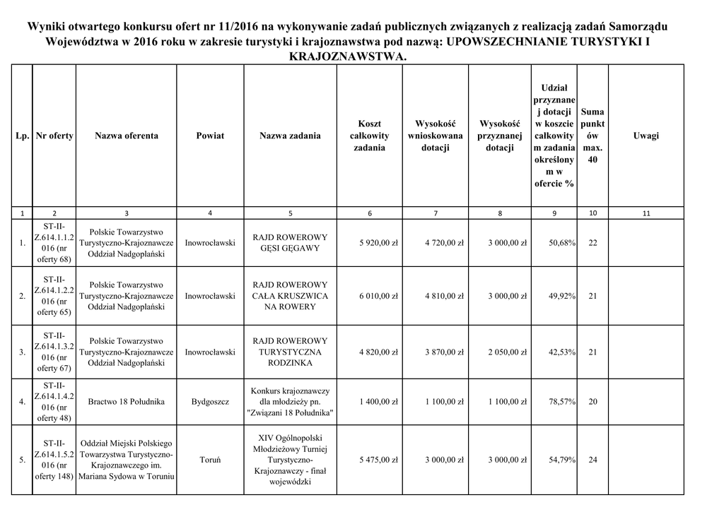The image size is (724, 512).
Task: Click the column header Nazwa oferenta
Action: tap(127, 136)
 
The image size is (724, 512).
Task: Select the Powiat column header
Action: tap(210, 136)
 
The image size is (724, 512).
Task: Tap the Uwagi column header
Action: tap(646, 136)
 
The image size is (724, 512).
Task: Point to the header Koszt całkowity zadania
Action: tap(370, 136)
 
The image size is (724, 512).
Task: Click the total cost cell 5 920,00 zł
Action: tap(378, 243)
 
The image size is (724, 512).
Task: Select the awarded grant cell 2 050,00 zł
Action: tap(507, 352)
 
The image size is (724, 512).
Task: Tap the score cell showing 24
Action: tap(592, 460)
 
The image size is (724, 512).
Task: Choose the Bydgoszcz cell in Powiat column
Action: tap(210, 402)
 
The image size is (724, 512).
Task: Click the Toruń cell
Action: tap(210, 460)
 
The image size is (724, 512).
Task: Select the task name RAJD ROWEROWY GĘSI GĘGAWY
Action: tap(290, 243)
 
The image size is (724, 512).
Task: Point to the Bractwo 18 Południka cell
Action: tap(127, 402)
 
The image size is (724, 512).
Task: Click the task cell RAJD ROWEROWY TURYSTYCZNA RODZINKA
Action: tap(290, 352)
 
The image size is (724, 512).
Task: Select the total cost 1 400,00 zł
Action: tap(378, 402)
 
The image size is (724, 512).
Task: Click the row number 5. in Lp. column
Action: tap(22, 460)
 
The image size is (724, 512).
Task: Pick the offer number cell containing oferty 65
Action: tap(54, 296)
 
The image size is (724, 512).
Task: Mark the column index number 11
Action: tap(646, 213)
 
